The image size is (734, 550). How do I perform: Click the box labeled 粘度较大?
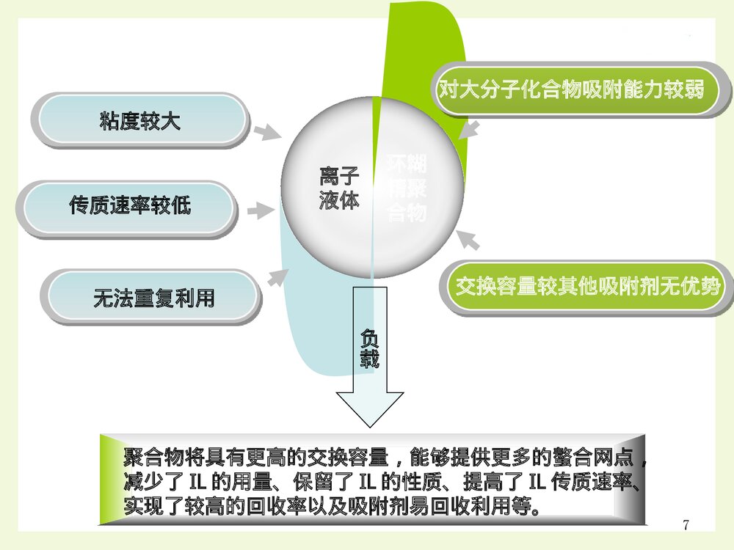tap(139, 120)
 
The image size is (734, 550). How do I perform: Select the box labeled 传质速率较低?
tap(130, 207)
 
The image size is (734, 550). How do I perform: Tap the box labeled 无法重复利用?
tap(153, 297)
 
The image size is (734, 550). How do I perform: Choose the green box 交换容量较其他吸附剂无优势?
tap(587, 286)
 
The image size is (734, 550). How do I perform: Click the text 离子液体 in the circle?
tap(338, 188)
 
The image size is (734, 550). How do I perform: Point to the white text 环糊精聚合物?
tap(406, 188)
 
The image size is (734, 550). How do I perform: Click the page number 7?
tap(686, 524)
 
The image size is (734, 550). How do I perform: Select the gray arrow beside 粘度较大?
tap(266, 132)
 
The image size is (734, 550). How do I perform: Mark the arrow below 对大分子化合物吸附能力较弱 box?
tap(470, 131)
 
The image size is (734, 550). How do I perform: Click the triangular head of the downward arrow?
tap(369, 409)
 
